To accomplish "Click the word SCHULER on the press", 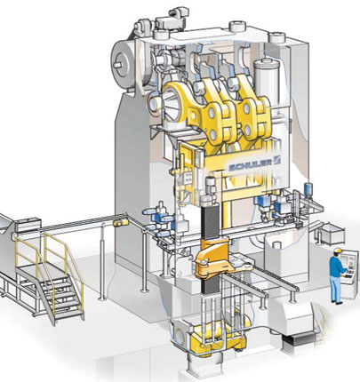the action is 251,164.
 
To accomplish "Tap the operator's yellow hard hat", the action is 338,251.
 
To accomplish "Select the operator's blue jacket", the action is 337,267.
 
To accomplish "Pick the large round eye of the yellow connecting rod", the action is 172,102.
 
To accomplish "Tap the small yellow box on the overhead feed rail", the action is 121,223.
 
